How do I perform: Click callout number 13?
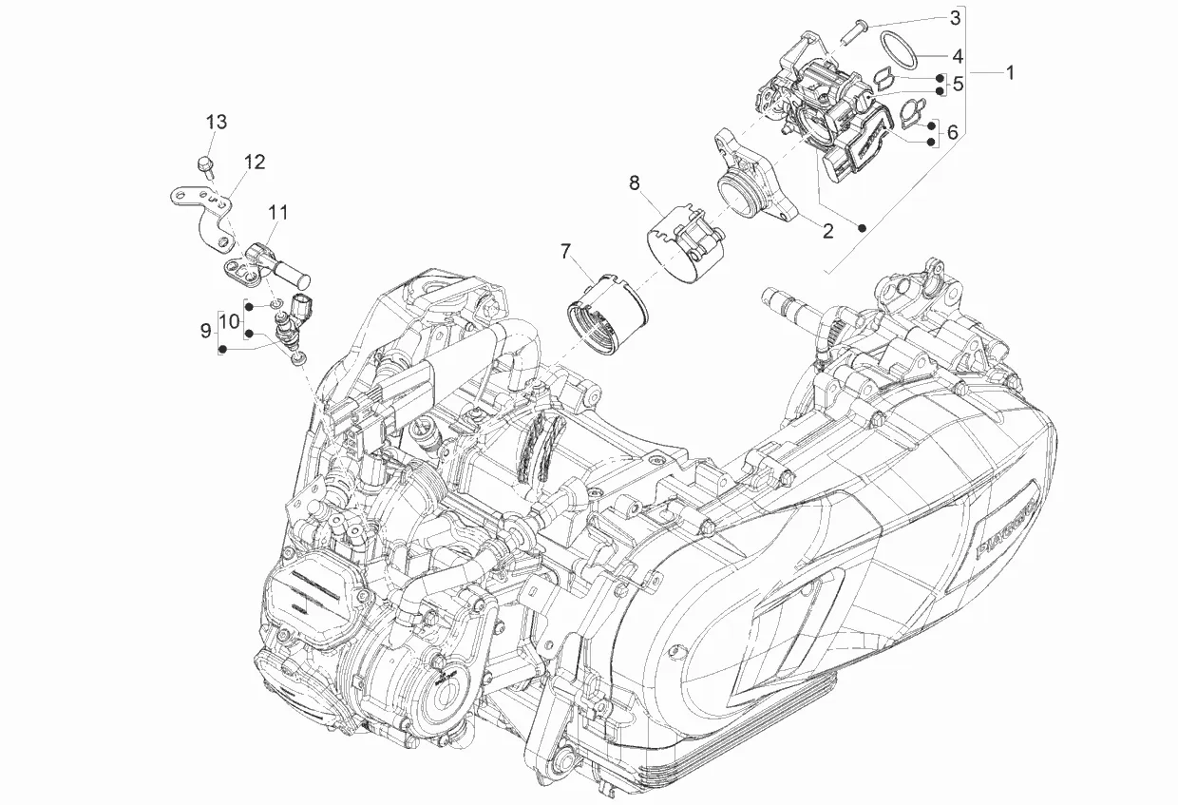tap(217, 122)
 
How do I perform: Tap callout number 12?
tap(255, 163)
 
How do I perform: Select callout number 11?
tap(278, 213)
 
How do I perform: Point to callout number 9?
tap(205, 331)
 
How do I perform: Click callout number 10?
tap(230, 320)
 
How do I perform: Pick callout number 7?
tap(565, 252)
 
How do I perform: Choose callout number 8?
tap(635, 183)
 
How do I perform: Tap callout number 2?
tap(828, 230)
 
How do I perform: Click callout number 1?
tap(1009, 72)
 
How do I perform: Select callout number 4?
tap(958, 56)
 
